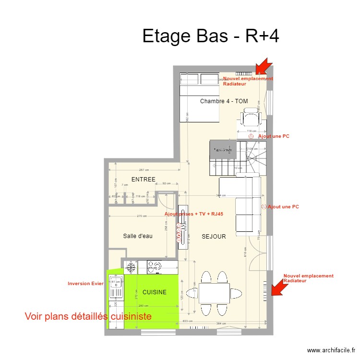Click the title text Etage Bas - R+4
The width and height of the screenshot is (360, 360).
coord(211,36)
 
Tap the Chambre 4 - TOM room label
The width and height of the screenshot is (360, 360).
coord(224,101)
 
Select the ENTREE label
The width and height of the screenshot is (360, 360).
coord(143,180)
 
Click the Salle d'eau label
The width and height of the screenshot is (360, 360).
coord(137,236)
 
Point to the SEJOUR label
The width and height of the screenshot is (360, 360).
coord(214,237)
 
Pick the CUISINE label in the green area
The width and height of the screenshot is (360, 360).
coord(155,292)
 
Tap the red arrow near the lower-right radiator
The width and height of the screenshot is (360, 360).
coord(277,288)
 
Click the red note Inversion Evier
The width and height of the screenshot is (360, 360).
coord(86,284)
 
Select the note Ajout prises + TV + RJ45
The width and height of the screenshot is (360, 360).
coord(194,214)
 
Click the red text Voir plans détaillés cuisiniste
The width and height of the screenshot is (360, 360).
coord(88,316)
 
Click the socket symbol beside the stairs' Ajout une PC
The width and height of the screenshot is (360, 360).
coord(251,136)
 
